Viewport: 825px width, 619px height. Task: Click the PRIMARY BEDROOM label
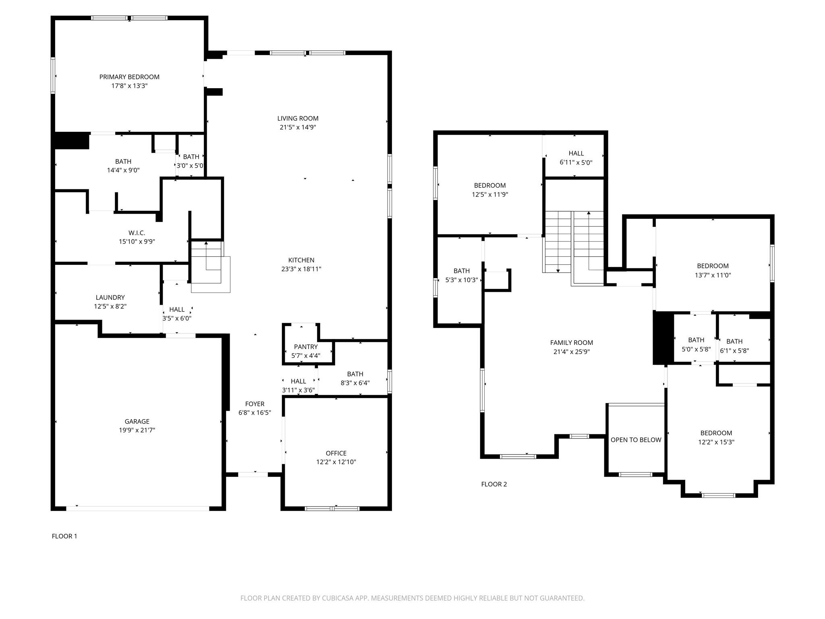click(x=129, y=77)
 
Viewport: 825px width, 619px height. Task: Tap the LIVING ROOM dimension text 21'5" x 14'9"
click(x=298, y=127)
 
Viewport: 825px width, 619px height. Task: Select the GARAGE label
click(x=137, y=422)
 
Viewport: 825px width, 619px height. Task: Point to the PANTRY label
click(x=306, y=347)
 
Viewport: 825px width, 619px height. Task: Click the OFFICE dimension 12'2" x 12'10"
click(x=336, y=462)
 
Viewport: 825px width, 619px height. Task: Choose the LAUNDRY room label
click(x=110, y=298)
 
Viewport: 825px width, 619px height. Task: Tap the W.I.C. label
click(x=137, y=233)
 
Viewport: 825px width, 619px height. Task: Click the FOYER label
click(x=255, y=404)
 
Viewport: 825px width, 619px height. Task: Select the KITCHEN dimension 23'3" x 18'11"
click(x=301, y=269)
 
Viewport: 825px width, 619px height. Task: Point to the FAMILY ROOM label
click(x=571, y=343)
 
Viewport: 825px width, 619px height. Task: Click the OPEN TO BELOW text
click(x=636, y=440)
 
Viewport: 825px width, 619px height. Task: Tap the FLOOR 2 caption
click(x=494, y=484)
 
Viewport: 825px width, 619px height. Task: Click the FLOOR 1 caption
click(x=64, y=536)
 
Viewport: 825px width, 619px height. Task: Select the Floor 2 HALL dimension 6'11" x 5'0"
click(x=576, y=162)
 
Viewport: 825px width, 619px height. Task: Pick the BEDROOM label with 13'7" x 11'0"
click(x=713, y=266)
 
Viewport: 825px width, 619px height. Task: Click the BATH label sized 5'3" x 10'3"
click(x=461, y=271)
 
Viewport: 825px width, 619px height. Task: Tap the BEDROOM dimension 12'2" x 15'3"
click(x=716, y=442)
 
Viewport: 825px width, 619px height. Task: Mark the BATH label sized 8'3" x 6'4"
click(x=355, y=374)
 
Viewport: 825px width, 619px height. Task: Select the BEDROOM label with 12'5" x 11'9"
click(x=489, y=186)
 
